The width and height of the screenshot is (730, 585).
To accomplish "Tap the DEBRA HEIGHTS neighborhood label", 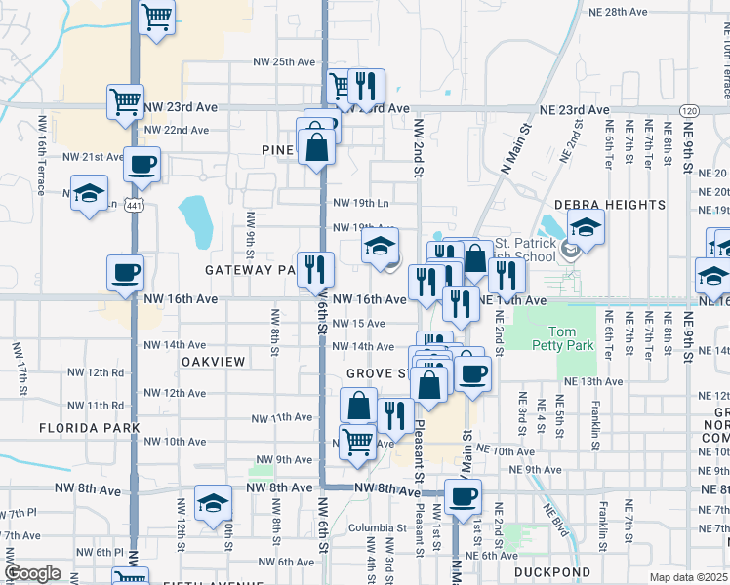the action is tap(610, 205).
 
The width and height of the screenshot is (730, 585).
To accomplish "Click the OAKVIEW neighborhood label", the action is tap(211, 361).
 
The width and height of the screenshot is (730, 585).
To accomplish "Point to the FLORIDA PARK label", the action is tap(90, 428).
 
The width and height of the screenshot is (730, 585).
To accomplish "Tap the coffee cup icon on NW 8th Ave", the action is tap(463, 497).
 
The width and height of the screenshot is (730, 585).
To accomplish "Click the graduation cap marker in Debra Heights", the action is tap(586, 228).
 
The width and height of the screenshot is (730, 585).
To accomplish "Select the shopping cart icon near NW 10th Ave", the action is tap(357, 442).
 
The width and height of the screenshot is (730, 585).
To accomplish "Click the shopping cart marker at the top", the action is tap(156, 17).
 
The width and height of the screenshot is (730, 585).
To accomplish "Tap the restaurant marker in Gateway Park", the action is tap(315, 269).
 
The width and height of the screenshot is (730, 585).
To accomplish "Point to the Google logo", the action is tap(32, 573).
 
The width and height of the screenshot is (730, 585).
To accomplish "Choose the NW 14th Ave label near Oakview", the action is tap(175, 345).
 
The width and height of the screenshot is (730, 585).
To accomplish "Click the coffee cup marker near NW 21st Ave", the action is tap(142, 164).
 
